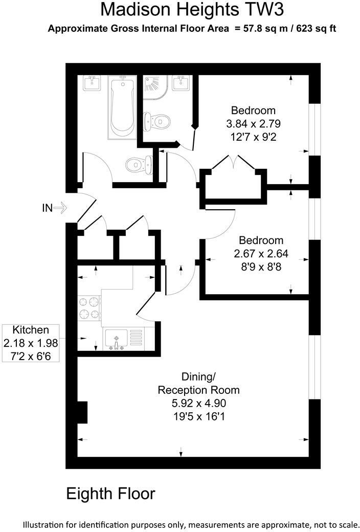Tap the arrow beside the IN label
[60, 208]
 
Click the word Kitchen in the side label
[31, 330]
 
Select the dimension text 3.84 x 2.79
[253, 124]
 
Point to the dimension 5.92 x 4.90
[198, 404]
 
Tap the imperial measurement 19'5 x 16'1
[198, 417]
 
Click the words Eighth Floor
[110, 494]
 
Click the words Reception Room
[198, 390]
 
